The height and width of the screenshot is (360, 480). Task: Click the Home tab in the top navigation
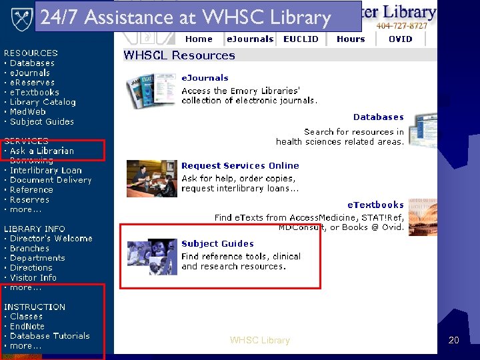199,39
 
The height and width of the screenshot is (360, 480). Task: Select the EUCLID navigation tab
301,39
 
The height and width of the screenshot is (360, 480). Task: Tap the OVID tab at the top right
401,39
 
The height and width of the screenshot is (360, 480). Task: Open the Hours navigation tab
351,39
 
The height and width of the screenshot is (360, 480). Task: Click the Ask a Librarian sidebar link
42,151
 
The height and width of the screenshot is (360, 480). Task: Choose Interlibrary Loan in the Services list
46,170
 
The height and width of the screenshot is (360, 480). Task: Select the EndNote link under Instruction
27,326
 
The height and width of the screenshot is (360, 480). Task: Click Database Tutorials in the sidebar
50,336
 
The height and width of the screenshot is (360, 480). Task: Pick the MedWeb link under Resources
29,112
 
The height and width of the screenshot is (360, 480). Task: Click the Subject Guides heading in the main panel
217,244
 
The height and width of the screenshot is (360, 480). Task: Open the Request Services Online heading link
240,165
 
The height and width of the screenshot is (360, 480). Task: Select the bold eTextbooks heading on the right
375,205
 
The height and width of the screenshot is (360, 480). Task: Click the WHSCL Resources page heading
179,56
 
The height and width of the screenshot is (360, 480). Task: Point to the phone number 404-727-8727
402,26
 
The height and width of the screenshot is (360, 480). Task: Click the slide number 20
454,341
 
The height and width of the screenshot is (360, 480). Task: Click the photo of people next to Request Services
151,178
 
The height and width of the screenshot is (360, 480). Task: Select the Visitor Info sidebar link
33,278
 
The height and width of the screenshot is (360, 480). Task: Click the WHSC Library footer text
260,341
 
